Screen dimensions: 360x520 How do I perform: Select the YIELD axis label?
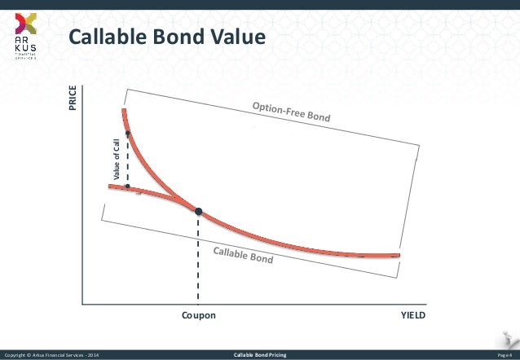pyautogui.click(x=412, y=316)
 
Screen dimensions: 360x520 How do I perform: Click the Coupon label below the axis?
pyautogui.click(x=198, y=316)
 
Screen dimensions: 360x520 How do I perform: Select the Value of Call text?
pyautogui.click(x=116, y=156)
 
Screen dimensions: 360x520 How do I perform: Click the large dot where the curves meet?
pyautogui.click(x=198, y=211)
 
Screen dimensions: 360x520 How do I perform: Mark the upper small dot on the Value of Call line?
pyautogui.click(x=127, y=133)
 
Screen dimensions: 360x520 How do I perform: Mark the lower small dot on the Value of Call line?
pyautogui.click(x=127, y=186)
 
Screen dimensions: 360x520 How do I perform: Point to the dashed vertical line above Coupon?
pyautogui.click(x=198, y=261)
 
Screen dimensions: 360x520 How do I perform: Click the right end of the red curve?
pyautogui.click(x=399, y=254)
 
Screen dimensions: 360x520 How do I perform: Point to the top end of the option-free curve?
pyautogui.click(x=123, y=110)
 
